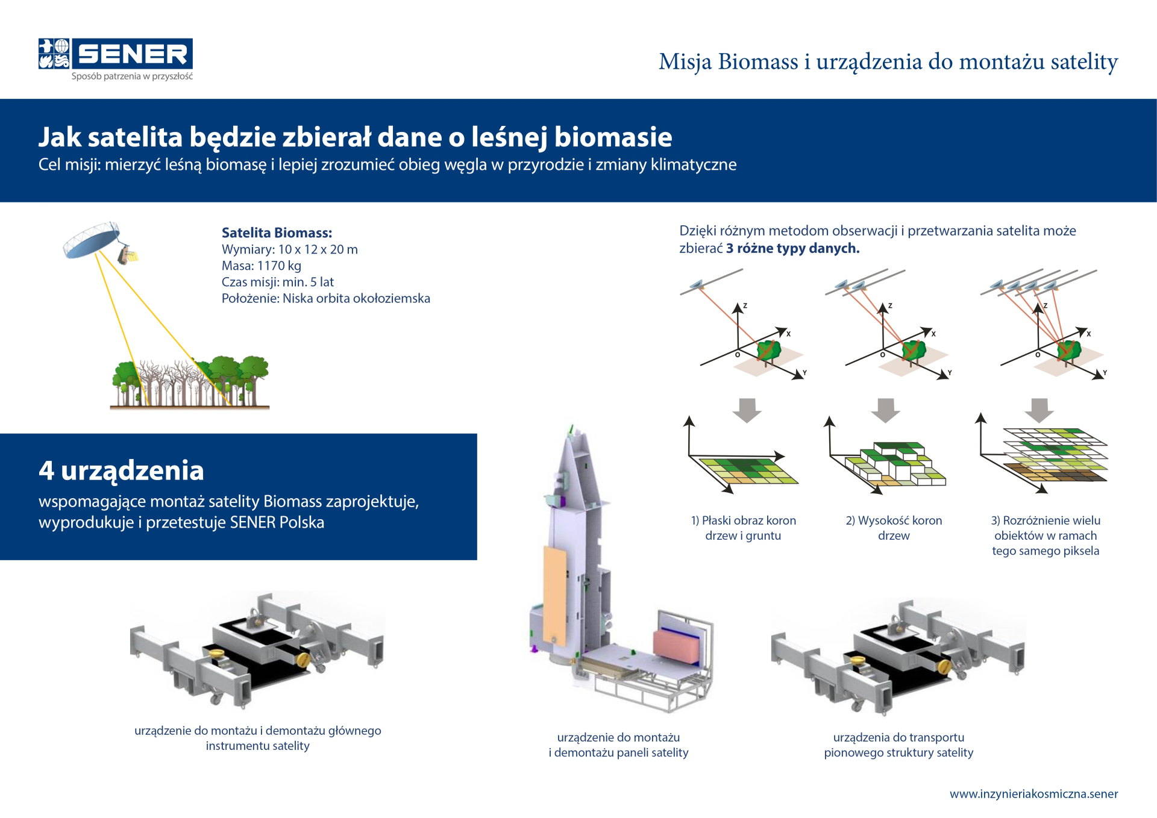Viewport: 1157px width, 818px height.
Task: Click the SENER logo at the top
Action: pos(116,54)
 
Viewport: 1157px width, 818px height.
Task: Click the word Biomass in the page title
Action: pos(758,61)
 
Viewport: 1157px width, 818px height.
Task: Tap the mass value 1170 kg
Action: pos(279,266)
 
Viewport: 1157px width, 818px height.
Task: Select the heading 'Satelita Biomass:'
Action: pos(277,233)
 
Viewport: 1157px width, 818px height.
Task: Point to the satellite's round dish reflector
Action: pos(92,240)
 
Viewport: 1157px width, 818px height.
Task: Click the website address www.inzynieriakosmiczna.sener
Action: pos(1033,794)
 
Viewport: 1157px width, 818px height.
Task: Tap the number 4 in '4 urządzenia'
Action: pos(46,470)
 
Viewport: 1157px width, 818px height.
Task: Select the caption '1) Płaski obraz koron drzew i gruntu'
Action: pos(744,528)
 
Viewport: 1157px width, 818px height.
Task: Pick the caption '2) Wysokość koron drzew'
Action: pos(894,528)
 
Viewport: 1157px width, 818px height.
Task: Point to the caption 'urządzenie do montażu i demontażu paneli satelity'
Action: pos(618,745)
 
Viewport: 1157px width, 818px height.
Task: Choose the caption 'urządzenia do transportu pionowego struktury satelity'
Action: pos(898,745)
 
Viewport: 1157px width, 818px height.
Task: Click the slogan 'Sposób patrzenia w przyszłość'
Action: pos(132,76)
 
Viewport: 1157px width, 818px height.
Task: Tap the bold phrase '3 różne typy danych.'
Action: pos(792,248)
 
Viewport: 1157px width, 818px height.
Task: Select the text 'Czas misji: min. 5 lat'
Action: pos(278,282)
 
